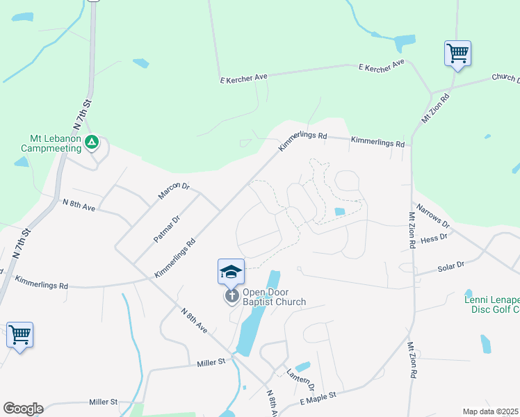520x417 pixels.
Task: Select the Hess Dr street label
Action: [x=434, y=238]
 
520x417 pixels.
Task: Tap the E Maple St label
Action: [x=318, y=398]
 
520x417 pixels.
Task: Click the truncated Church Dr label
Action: [x=505, y=79]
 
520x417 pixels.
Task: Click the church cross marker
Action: [x=231, y=297]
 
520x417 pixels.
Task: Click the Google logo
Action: [x=23, y=409]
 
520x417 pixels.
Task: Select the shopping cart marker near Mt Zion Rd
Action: [x=457, y=53]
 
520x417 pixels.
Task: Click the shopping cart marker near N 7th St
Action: [x=19, y=335]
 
